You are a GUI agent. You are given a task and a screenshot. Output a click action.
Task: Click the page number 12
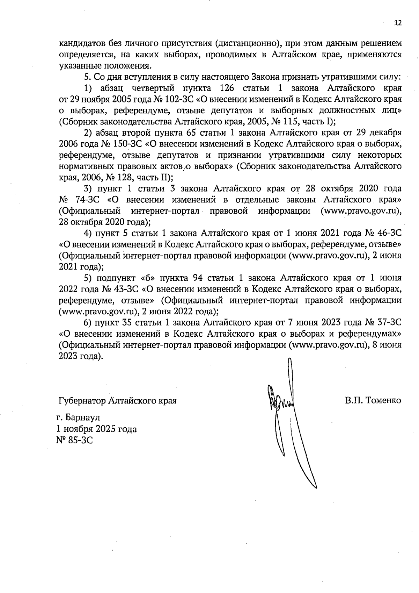pyautogui.click(x=398, y=23)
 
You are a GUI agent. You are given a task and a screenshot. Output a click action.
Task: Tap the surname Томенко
pyautogui.click(x=383, y=400)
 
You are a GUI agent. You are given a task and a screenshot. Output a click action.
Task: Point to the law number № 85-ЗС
pyautogui.click(x=74, y=440)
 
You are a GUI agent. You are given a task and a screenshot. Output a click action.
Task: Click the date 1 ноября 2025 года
pyautogui.click(x=96, y=429)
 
